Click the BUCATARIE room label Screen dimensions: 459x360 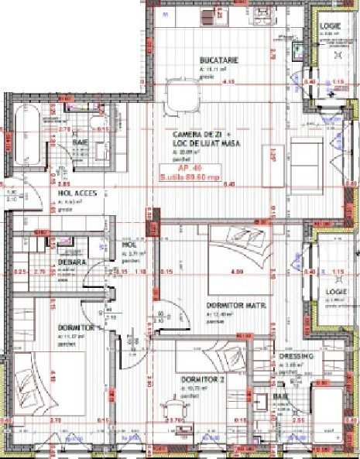click(x=218, y=60)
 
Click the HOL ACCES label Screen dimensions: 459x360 click(x=78, y=193)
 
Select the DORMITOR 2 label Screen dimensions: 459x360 click(x=203, y=379)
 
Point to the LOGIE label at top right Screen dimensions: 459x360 click(x=331, y=26)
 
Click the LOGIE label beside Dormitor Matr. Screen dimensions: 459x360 click(x=335, y=292)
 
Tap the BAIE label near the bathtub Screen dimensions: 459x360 click(x=81, y=142)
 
